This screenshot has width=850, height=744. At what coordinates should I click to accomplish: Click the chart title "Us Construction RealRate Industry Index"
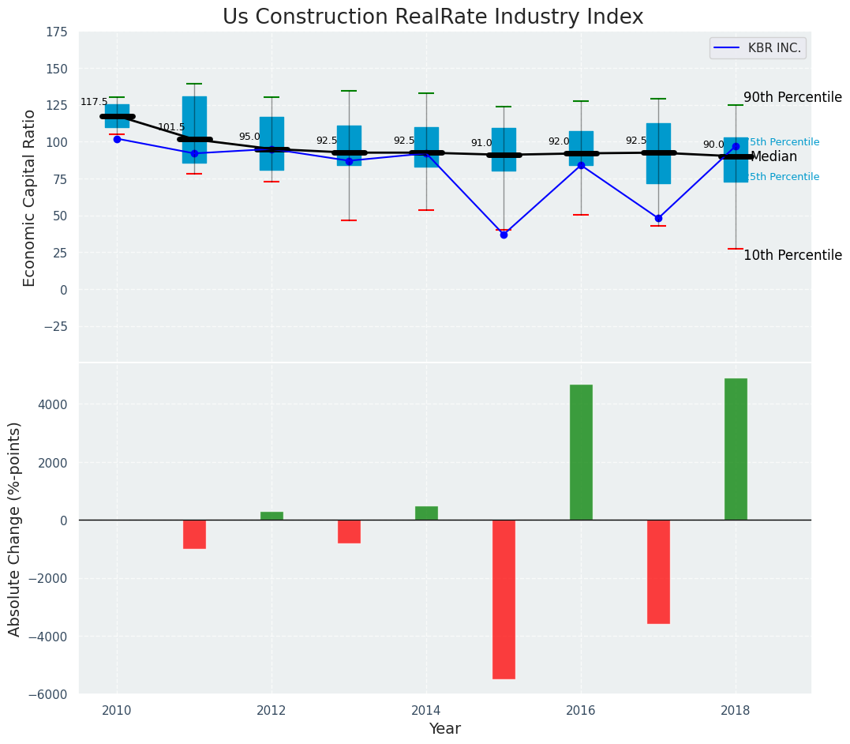432,17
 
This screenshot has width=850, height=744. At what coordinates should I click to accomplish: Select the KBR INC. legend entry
758,48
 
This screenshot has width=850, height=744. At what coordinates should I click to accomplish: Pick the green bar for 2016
581,452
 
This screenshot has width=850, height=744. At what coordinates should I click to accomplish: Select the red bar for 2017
658,571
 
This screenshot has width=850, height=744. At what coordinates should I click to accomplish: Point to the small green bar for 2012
271,516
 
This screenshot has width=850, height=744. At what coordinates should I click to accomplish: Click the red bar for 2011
194,534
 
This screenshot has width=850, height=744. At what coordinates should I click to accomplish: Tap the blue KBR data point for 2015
504,235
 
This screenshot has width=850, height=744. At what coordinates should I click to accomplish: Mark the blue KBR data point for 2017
658,218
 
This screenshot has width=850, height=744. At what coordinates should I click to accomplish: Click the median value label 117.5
94,103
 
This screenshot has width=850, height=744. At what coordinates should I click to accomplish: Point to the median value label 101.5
171,127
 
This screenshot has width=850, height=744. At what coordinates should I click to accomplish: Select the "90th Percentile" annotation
792,97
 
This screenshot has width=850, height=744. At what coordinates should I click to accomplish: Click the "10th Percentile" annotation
792,255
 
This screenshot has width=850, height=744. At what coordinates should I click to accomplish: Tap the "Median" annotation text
773,157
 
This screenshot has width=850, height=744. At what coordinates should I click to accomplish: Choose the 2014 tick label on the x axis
426,709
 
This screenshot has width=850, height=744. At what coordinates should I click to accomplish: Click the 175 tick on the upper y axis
56,32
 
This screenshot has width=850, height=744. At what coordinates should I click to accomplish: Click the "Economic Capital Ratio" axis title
30,197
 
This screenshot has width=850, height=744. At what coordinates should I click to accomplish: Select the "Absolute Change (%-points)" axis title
15,528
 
